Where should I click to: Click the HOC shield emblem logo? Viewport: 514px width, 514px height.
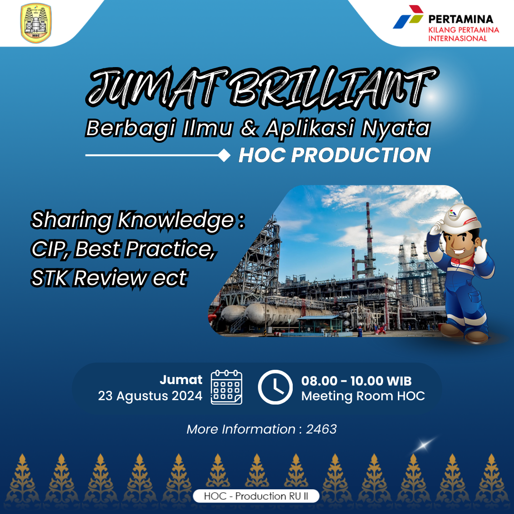[36, 23]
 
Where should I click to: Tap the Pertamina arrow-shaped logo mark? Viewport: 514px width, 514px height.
[408, 17]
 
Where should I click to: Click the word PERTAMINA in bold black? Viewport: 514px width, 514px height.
[461, 19]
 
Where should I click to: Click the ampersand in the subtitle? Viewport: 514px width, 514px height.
[249, 128]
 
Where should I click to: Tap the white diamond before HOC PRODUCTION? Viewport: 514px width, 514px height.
[224, 155]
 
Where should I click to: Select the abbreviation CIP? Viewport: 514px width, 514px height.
[50, 249]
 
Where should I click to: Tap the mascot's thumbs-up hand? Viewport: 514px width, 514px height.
[481, 251]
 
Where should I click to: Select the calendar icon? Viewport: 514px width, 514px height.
[227, 387]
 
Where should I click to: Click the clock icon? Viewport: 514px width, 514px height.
[275, 387]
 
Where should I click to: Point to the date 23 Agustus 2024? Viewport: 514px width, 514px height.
[150, 396]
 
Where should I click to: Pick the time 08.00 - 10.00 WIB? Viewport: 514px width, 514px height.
[356, 381]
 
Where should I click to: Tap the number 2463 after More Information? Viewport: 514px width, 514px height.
[321, 429]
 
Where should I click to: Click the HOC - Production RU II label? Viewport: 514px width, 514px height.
[256, 496]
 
